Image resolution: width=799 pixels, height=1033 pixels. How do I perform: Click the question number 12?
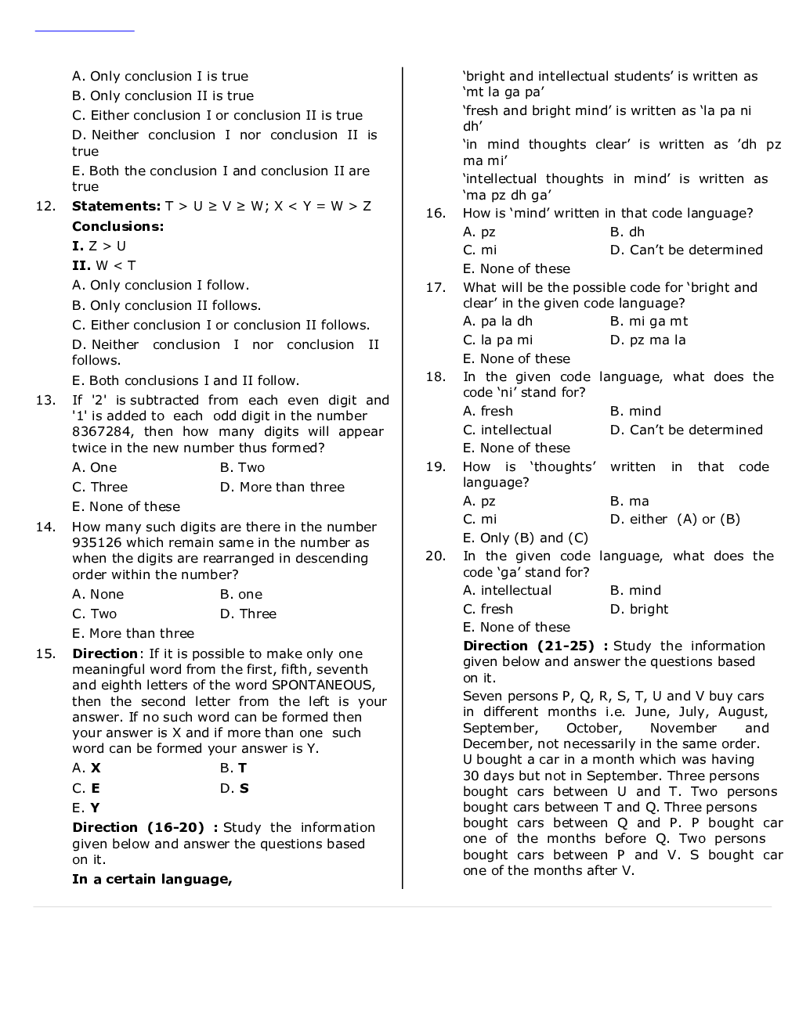coord(45,207)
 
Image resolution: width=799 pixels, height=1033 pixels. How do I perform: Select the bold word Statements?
coord(116,207)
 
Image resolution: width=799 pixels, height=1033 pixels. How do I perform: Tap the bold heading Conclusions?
coord(117,227)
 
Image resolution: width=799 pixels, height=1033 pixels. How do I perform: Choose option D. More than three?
coord(282,488)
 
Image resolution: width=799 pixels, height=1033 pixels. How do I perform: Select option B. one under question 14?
coord(241,595)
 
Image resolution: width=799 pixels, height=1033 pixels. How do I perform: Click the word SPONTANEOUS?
coord(323,686)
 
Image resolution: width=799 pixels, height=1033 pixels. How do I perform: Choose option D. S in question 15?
coord(234,789)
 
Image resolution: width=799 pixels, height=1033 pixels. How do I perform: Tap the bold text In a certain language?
coord(152,880)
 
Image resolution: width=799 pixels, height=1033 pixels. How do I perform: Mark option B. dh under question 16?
coord(627,232)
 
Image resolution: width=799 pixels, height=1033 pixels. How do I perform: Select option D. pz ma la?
coord(648,340)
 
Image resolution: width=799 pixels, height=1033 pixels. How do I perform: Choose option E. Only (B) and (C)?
coord(525,538)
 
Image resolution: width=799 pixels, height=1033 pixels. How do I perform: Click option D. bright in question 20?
coord(639,610)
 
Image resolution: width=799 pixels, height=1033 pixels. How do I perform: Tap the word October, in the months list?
coord(593,729)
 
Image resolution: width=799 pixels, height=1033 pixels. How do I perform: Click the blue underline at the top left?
coord(85,31)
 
